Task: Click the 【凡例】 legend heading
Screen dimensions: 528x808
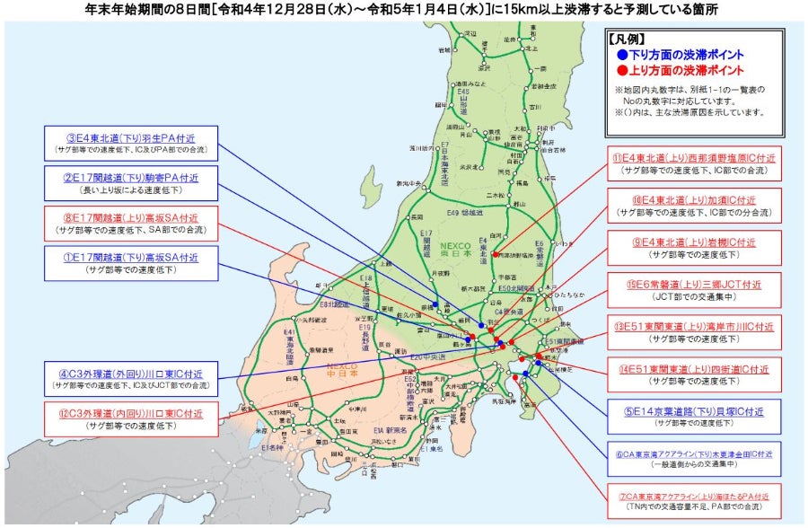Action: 628,40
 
